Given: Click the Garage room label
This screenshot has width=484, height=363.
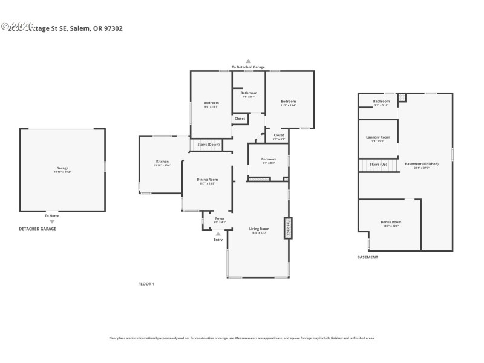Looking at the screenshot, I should [x=62, y=168].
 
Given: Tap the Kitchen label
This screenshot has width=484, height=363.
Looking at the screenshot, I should [x=162, y=162].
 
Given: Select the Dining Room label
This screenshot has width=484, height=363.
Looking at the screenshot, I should [x=208, y=180].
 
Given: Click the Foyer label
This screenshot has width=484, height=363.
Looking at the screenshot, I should [x=220, y=218].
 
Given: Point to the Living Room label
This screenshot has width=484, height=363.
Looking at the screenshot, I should [x=259, y=229].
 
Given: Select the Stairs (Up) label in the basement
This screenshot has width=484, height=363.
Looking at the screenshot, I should [x=378, y=164].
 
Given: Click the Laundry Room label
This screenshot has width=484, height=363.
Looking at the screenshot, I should [x=378, y=137].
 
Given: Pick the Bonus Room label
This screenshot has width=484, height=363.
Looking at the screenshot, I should [x=391, y=222].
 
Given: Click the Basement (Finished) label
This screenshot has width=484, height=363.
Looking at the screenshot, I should [x=422, y=164].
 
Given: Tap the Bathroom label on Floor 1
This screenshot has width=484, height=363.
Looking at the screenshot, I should [x=249, y=93].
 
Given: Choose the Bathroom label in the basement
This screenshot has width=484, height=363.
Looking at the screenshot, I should [x=381, y=101].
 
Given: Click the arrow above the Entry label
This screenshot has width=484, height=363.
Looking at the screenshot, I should [x=218, y=234].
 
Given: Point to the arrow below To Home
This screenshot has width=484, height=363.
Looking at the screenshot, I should [x=52, y=221].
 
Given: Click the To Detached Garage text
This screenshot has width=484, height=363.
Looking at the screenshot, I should [x=248, y=67].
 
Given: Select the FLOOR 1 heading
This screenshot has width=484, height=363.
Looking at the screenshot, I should [x=146, y=283].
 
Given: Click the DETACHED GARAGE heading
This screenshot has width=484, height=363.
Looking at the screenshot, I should [x=38, y=229].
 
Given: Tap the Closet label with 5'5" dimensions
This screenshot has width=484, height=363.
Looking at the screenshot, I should [x=278, y=135].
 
